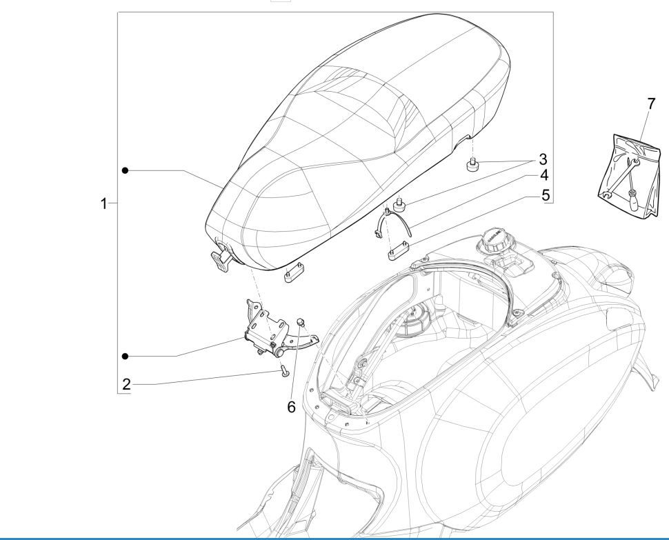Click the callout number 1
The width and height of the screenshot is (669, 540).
pos(104,203)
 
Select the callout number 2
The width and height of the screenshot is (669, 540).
pos(126,384)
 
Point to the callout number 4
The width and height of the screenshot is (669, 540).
pos(543,175)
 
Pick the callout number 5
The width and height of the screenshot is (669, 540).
pos(545,195)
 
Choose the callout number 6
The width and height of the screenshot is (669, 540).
pos(291,407)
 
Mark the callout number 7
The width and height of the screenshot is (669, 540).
pos(651,104)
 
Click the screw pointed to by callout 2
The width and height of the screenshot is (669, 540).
pos(283,371)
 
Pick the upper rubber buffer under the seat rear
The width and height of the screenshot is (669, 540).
pos(472,166)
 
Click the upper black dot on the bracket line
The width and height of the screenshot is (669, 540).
pos(126,170)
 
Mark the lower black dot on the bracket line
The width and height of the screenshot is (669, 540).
pos(126,356)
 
